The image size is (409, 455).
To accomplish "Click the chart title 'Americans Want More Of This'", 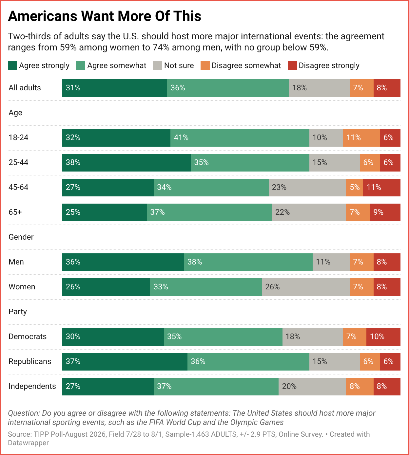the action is (x=105, y=16).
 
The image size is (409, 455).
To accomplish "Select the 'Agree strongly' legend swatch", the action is (x=12, y=65).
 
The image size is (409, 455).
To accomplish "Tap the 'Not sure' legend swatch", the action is (x=157, y=65).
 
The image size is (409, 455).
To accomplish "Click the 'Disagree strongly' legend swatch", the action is (x=292, y=65).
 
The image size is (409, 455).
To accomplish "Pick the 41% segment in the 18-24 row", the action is (x=240, y=138).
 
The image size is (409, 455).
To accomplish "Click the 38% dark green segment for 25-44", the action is (x=127, y=163).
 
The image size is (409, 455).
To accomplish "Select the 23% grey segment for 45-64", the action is (x=307, y=188).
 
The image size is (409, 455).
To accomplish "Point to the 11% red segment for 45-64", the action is (x=382, y=188).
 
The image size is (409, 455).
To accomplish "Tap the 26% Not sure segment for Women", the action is (x=306, y=287).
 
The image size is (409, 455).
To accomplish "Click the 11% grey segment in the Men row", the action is (x=331, y=262).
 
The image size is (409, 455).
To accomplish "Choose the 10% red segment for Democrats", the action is (x=383, y=337).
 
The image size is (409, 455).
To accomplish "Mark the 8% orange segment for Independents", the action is (x=360, y=387).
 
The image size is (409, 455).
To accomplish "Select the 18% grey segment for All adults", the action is (x=320, y=88).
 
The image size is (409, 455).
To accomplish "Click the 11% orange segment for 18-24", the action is (x=361, y=138).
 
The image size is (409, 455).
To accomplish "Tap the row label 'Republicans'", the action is (x=30, y=362).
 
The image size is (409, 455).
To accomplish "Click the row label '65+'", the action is (x=15, y=212).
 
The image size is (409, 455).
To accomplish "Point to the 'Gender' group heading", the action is (x=21, y=237).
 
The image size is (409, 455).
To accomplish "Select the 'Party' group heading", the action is (x=18, y=312).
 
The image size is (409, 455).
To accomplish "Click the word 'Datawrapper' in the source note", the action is (x=28, y=443).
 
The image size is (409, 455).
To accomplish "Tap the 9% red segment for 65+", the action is (x=385, y=212).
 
